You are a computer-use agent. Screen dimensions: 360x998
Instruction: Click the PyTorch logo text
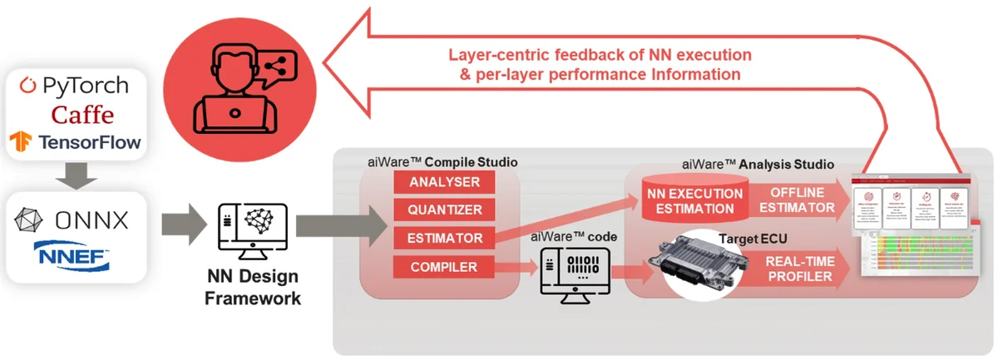[75, 86]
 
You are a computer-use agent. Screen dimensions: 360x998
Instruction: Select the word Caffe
[82, 114]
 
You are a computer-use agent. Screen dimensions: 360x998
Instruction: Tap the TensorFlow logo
[76, 142]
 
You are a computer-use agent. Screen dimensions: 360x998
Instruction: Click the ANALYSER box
[444, 182]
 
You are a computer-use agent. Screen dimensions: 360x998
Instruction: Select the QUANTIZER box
[444, 210]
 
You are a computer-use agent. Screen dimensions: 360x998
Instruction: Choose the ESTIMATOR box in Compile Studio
[444, 239]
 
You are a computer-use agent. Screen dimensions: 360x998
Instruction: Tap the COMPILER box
[444, 268]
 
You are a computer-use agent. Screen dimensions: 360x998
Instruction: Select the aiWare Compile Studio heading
[442, 161]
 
